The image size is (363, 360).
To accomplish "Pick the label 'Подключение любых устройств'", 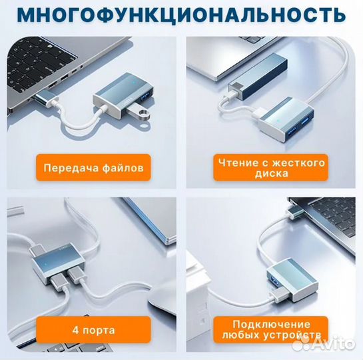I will [x=269, y=329].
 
